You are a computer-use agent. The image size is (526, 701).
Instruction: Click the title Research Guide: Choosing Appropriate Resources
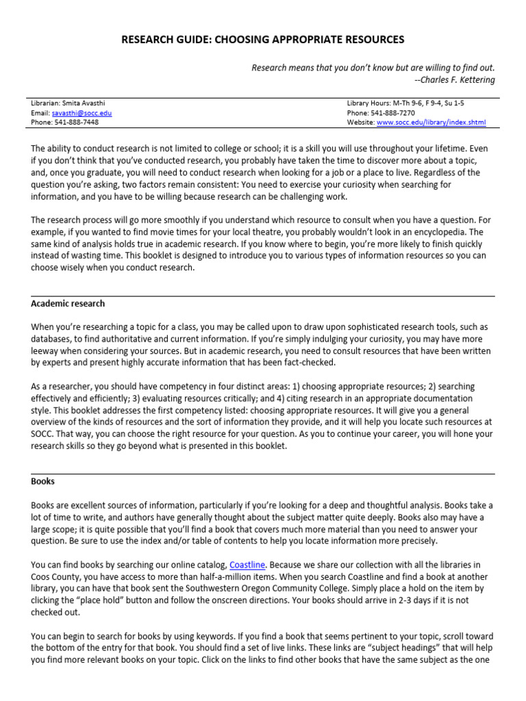point(263,40)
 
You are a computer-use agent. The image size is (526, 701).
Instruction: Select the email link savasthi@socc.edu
point(82,113)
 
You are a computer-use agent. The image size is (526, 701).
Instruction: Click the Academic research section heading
point(68,303)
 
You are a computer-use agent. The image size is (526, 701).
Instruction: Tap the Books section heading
point(42,481)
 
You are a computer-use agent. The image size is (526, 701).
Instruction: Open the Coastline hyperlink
point(247,565)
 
